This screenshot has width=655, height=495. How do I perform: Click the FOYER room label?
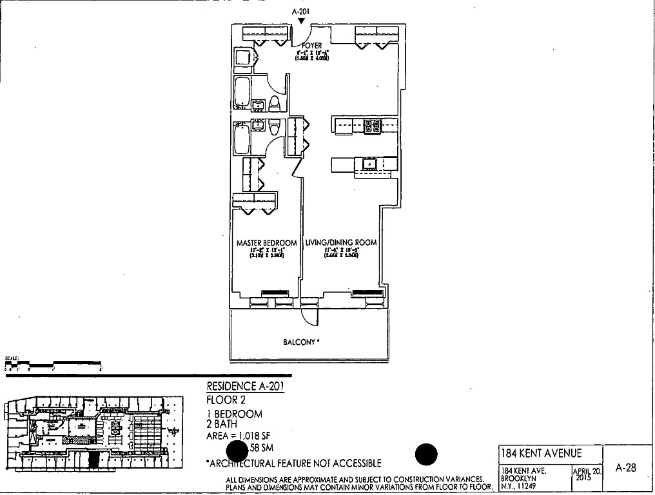pyautogui.click(x=311, y=46)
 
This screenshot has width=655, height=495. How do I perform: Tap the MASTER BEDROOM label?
pyautogui.click(x=267, y=243)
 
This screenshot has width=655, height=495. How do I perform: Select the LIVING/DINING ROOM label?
pyautogui.click(x=341, y=243)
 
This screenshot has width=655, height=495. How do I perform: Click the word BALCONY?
pyautogui.click(x=300, y=342)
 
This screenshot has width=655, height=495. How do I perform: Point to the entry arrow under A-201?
pyautogui.click(x=301, y=21)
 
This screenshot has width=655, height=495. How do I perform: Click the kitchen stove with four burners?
pyautogui.click(x=373, y=126)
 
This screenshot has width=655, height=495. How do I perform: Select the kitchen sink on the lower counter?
pyautogui.click(x=370, y=164)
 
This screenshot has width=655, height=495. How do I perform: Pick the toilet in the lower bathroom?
pyautogui.click(x=274, y=126)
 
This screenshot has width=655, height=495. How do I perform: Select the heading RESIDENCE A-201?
pyautogui.click(x=245, y=387)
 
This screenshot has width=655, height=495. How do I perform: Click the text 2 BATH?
pyautogui.click(x=222, y=424)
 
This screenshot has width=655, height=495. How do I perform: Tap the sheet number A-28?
pyautogui.click(x=625, y=469)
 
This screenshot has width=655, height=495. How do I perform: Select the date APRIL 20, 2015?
pyautogui.click(x=587, y=474)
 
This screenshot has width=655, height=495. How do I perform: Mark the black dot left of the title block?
pyautogui.click(x=426, y=455)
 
